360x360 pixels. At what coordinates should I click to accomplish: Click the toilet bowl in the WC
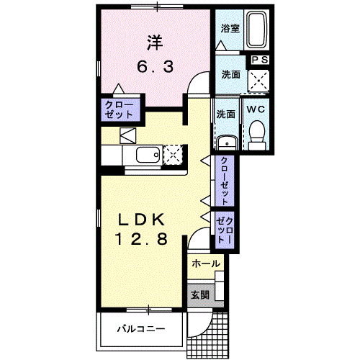256,132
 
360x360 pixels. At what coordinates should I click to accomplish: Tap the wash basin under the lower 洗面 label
227,140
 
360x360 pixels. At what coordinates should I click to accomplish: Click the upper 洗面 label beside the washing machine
230,74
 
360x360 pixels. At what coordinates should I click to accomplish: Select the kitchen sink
148,155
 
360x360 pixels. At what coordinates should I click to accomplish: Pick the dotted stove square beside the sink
174,154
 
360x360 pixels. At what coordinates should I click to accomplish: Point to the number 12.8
143,240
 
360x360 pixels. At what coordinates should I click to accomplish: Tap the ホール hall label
207,264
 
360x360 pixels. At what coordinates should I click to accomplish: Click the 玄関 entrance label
199,294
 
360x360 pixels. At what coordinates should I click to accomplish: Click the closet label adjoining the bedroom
119,110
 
